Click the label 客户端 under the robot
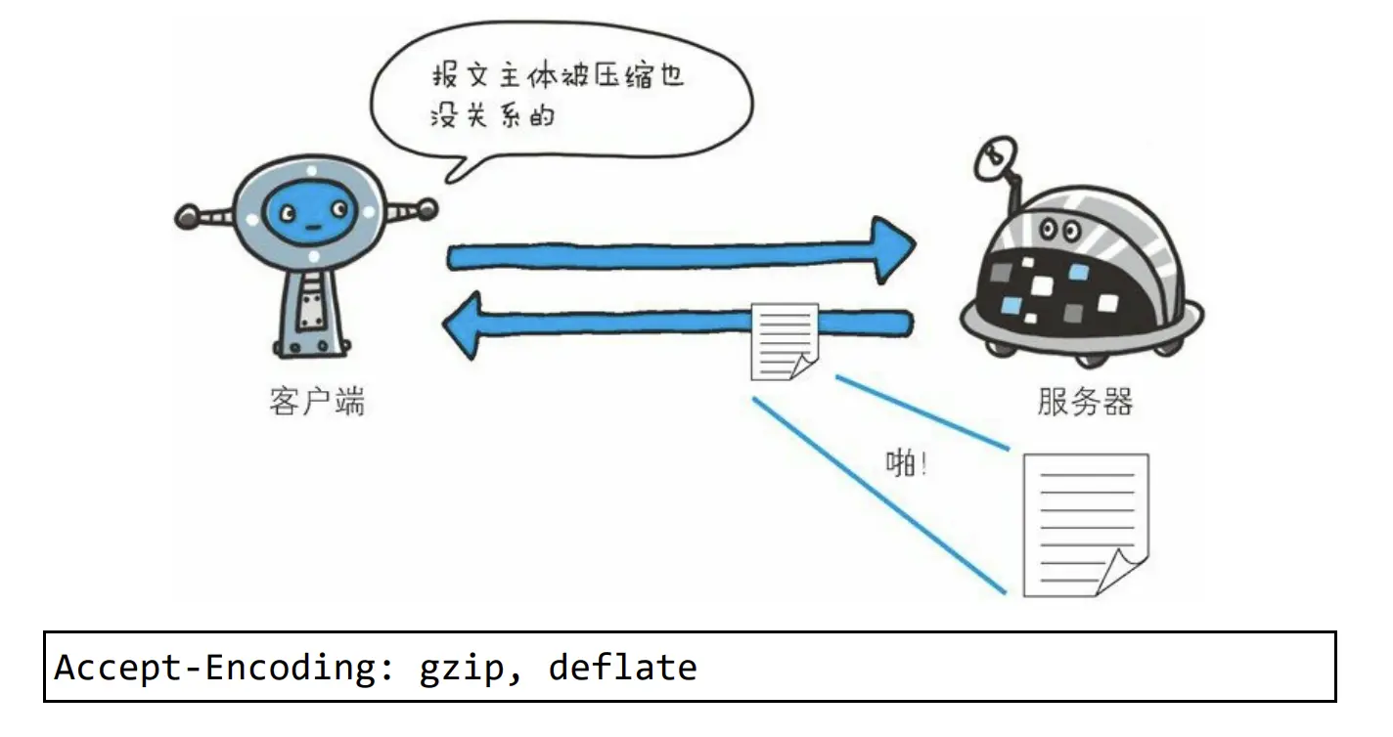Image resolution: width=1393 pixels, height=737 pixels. (x=316, y=402)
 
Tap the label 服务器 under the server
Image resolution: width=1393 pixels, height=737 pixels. (x=1085, y=402)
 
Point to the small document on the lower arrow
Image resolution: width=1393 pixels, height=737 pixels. (x=785, y=341)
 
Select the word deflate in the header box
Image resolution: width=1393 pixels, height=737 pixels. (x=623, y=668)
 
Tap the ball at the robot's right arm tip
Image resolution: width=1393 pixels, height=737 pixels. (x=427, y=206)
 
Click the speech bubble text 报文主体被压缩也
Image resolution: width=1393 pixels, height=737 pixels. (x=557, y=78)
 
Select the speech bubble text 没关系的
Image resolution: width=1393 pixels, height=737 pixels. (x=492, y=116)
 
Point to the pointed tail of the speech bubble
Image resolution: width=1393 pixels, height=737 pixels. (x=452, y=175)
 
